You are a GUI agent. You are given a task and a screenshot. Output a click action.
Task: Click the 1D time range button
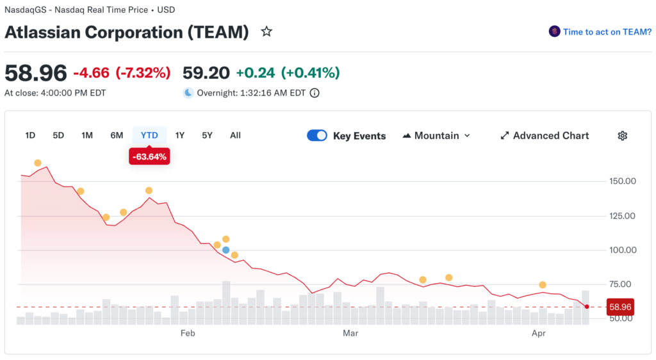pos(30,135)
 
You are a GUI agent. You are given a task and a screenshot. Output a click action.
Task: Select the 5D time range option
pos(58,135)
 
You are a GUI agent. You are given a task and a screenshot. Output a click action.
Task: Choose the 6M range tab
pos(117,135)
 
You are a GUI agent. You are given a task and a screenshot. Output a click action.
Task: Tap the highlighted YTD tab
pos(149,135)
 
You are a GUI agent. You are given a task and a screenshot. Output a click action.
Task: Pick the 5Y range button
pos(207,135)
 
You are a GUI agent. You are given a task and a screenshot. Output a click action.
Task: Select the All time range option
pos(235,135)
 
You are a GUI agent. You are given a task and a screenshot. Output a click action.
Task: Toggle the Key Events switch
pos(317,136)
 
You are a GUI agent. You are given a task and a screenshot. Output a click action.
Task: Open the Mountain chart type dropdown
pos(436,136)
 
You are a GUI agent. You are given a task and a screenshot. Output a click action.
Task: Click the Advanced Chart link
pos(545,136)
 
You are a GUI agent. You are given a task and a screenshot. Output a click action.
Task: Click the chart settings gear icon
pos(622,136)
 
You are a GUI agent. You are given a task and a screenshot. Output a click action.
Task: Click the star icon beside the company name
pos(266,31)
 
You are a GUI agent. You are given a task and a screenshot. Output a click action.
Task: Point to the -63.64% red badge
pos(149,157)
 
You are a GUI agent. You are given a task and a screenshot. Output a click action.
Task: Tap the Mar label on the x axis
pos(350,333)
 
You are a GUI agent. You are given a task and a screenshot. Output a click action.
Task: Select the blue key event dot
pos(225,250)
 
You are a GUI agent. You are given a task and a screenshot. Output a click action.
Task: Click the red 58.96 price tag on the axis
pos(619,307)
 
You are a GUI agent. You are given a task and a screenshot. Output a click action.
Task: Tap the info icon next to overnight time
pos(315,93)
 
